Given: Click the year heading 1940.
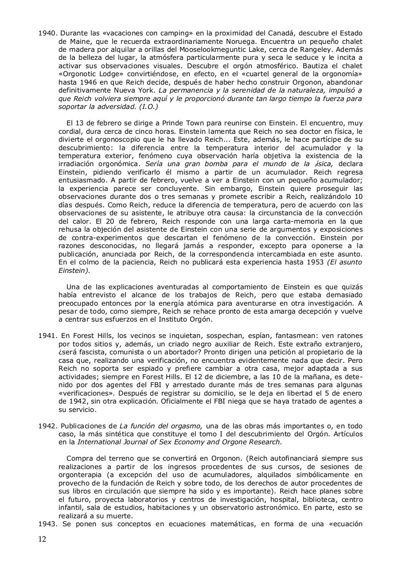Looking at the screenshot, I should point(47,33).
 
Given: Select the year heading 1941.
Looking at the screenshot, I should point(47,335).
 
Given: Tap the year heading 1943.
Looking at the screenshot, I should point(47,524).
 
